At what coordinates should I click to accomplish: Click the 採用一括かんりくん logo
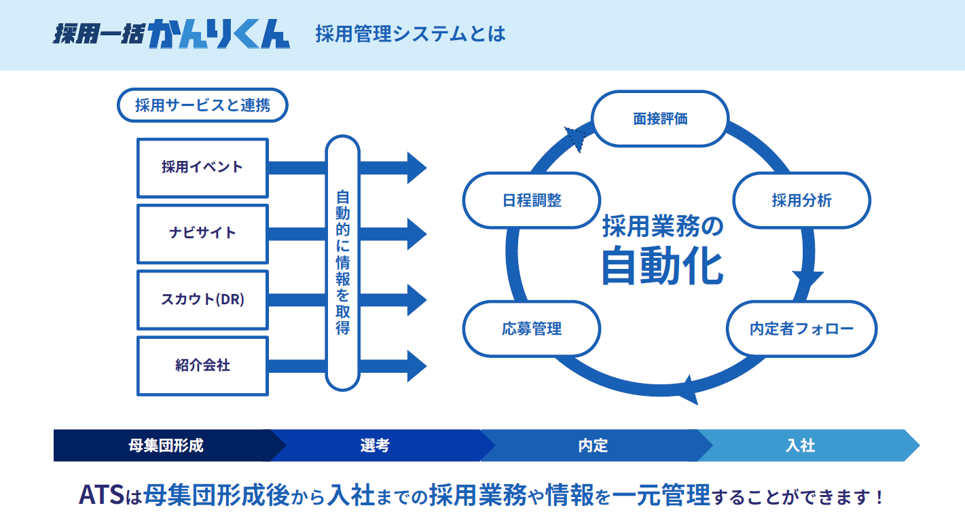pos(172,34)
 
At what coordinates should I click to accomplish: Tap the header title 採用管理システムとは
pos(410,34)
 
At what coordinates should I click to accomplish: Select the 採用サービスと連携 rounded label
pos(202,105)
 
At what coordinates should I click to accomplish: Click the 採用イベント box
pos(202,168)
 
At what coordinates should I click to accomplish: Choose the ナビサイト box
pos(202,233)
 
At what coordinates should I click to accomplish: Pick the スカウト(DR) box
pos(202,299)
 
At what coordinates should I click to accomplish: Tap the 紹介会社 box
pos(202,365)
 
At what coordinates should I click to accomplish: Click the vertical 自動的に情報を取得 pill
pos(343,263)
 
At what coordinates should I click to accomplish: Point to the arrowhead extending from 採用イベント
pos(416,168)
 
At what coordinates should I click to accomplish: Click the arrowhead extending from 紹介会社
pos(416,365)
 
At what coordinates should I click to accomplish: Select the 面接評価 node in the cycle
pos(660,119)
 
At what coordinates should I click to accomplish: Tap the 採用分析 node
pos(801,200)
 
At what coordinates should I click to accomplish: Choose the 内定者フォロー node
pos(801,329)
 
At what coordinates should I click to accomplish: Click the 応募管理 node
pos(532,329)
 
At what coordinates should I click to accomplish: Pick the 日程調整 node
pos(532,200)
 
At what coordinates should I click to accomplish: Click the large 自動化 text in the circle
pos(662,267)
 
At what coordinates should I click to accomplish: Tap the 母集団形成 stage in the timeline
pos(166,445)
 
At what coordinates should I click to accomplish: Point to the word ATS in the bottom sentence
pos(101,494)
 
